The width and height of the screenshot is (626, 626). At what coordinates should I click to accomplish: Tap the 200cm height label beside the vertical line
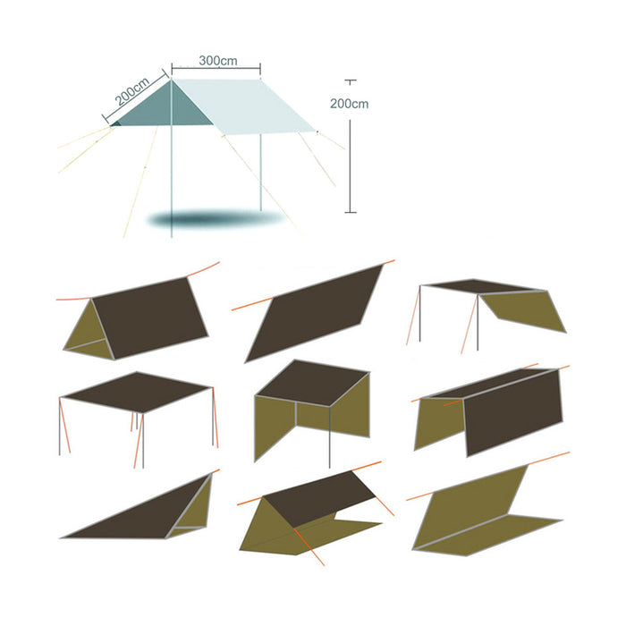tap(349, 104)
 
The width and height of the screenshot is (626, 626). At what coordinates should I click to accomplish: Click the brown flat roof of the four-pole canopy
tap(136, 393)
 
